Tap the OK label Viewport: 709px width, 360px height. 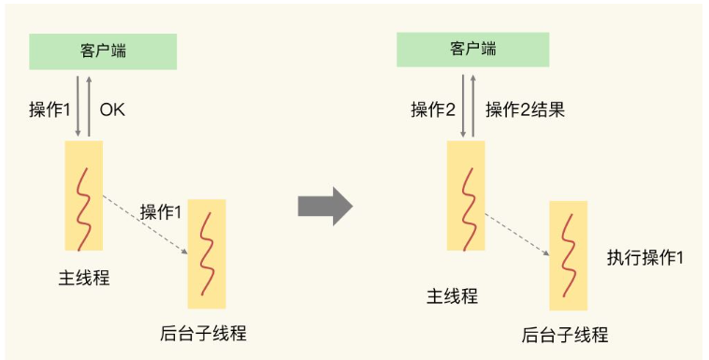112,109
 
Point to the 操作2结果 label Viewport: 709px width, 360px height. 525,109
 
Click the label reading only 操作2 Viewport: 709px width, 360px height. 433,109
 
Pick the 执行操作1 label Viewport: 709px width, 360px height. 644,256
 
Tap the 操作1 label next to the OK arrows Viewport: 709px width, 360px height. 51,109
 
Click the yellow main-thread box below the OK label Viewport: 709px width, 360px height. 83,195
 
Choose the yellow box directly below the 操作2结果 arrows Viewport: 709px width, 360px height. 465,195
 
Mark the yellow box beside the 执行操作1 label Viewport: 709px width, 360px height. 568,255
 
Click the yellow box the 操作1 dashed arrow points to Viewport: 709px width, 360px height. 206,253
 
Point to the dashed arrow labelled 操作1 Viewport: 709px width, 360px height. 145,224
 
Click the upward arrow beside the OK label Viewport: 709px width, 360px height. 89,105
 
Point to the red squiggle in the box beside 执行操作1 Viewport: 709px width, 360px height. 568,255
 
